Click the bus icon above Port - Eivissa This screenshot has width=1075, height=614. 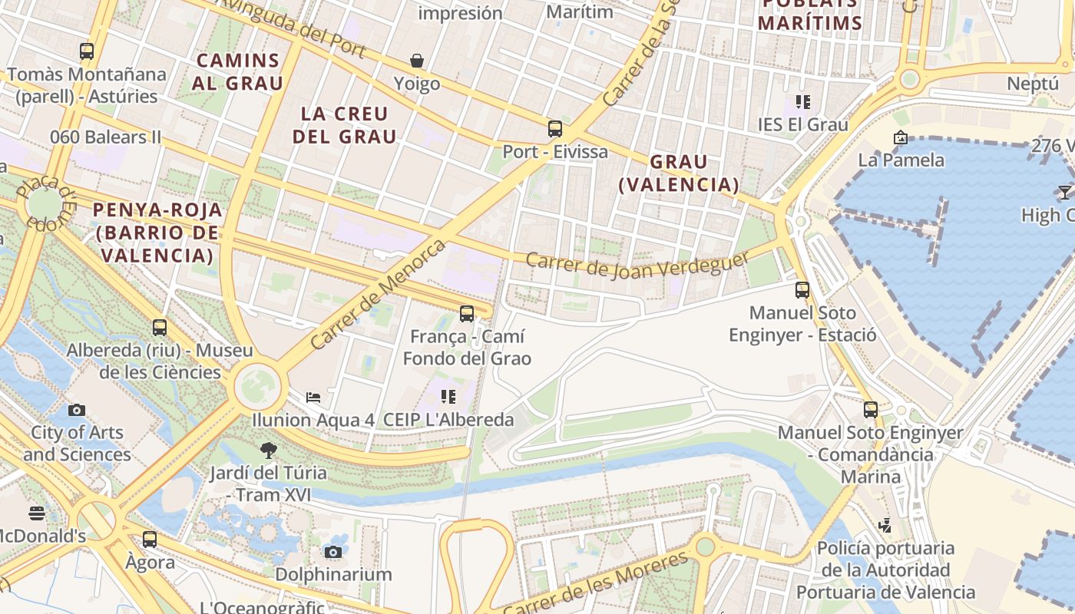tap(555, 129)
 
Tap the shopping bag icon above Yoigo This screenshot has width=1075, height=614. tap(417, 61)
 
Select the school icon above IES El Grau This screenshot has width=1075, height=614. tap(803, 101)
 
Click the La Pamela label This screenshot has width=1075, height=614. tap(901, 160)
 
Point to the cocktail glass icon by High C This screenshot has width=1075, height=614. tap(1065, 192)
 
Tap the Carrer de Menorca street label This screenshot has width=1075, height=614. tap(379, 295)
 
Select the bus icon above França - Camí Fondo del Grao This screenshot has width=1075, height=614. tap(467, 313)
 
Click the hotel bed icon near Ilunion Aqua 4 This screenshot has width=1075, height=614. tap(313, 397)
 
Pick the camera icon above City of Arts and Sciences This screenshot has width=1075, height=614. tap(77, 410)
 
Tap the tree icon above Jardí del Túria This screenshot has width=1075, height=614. tap(268, 450)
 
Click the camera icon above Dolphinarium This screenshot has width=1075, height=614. tap(333, 552)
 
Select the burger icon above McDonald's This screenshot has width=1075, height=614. tap(37, 513)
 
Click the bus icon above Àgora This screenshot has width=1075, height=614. tap(150, 540)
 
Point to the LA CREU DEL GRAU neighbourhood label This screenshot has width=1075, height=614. tap(349, 125)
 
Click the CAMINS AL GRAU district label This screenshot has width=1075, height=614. tap(237, 71)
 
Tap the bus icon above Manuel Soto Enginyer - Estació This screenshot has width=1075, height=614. tap(802, 290)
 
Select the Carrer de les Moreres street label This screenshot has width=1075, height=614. tap(595, 583)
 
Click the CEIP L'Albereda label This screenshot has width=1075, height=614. tap(448, 420)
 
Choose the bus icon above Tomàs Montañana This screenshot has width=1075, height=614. tap(87, 51)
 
